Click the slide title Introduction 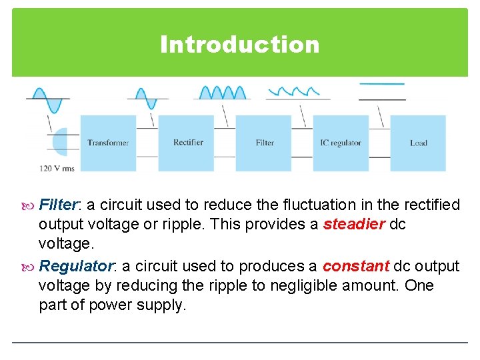[239, 45]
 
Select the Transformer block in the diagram [108, 143]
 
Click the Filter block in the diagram [264, 143]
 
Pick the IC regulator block [340, 143]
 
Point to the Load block [418, 143]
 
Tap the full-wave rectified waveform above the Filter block [222, 93]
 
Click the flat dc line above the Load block [382, 84]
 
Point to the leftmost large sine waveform [47, 98]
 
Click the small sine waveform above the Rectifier [147, 98]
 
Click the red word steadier [353, 225]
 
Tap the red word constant [355, 266]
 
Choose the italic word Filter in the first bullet [59, 204]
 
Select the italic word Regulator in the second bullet [76, 266]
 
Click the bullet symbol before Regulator [29, 267]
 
